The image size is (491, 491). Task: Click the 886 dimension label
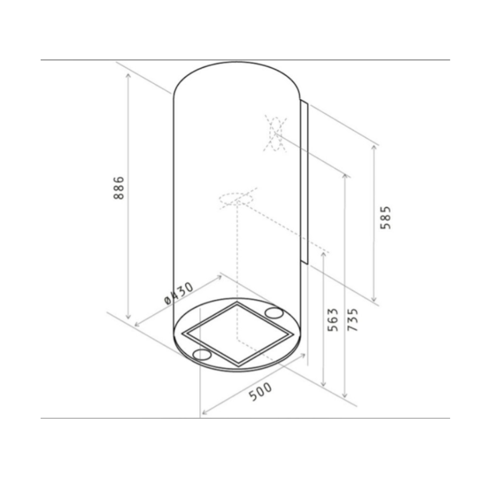[119, 188]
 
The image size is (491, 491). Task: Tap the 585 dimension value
[385, 218]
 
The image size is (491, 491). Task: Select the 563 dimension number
[332, 320]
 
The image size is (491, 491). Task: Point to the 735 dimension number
[352, 320]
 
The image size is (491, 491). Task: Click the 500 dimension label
[261, 391]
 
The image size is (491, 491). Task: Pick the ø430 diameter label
[179, 293]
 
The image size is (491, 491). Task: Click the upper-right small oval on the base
[274, 312]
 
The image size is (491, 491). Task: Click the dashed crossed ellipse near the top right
[275, 134]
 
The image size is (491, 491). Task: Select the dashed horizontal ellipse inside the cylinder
[237, 199]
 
